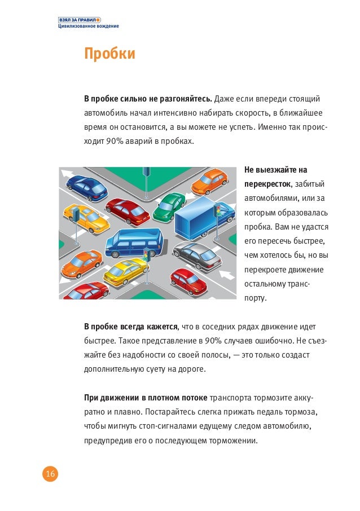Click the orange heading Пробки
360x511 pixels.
pos(109,54)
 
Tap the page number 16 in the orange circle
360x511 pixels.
pos(50,474)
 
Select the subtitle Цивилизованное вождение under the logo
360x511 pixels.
pos(89,27)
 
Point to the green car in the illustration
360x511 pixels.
pos(169,206)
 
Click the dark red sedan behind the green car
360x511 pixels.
pos(128,211)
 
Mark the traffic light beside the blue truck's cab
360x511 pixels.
pos(218,211)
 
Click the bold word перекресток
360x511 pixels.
pos(267,184)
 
